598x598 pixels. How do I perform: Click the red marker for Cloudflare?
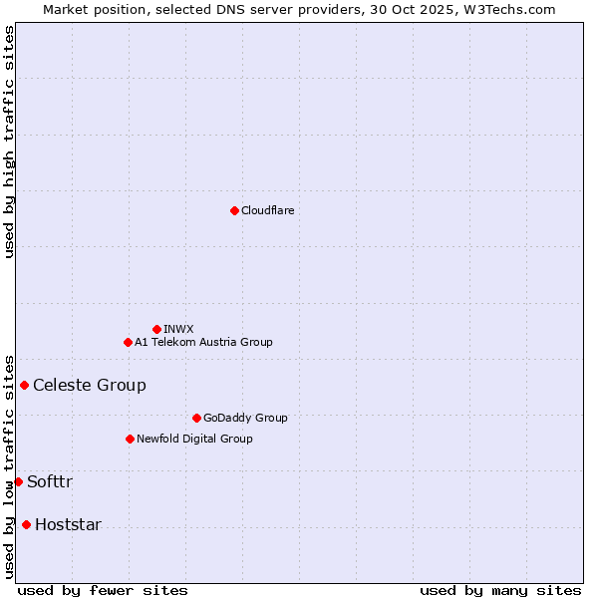tap(234, 210)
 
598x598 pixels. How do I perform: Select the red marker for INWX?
tap(156, 329)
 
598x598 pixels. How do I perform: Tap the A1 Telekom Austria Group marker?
tap(128, 342)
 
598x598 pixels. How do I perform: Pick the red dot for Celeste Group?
tap(24, 385)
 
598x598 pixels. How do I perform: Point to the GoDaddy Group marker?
tap(196, 418)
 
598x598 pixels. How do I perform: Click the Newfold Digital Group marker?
tap(130, 439)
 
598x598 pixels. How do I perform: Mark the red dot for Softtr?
tap(18, 481)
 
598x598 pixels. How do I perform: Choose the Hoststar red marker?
tap(26, 524)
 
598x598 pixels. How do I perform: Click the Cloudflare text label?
tap(267, 210)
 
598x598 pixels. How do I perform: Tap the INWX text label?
tap(178, 329)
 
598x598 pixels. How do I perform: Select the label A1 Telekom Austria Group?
tap(203, 342)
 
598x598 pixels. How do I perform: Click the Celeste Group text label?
tap(90, 386)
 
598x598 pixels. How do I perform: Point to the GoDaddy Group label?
tap(245, 418)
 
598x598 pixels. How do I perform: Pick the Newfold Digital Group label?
tap(194, 439)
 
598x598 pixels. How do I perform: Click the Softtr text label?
tap(50, 482)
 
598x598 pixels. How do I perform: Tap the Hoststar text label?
tap(68, 525)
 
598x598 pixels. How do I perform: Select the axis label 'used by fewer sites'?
tap(103, 590)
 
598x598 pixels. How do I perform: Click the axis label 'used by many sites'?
tap(500, 590)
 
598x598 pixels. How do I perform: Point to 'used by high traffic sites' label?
tap(9, 142)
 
